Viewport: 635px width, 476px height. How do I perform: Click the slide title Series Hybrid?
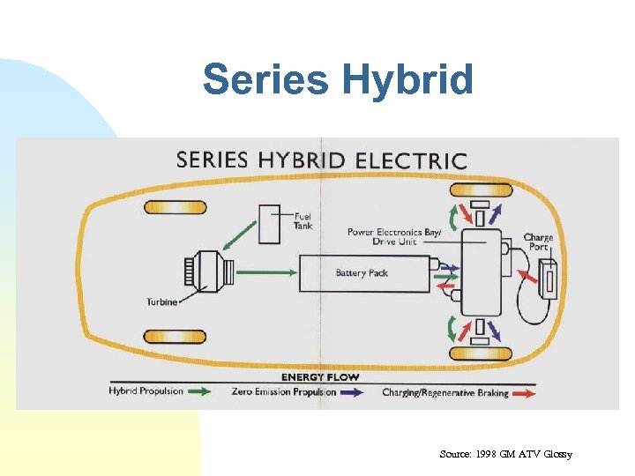(338, 80)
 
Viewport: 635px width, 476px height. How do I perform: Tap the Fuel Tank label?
(303, 220)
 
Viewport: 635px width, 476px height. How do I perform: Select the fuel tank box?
(269, 224)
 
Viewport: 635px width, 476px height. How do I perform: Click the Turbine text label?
(162, 302)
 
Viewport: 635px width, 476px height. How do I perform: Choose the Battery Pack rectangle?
(363, 273)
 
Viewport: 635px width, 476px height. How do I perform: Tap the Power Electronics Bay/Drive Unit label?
(392, 236)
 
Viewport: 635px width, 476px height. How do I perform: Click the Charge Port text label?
(538, 242)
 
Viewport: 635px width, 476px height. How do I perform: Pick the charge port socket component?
(549, 281)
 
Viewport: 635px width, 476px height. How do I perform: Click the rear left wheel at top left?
(176, 207)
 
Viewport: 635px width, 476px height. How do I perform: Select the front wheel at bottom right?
(481, 354)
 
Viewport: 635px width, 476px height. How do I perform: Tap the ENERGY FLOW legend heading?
(319, 377)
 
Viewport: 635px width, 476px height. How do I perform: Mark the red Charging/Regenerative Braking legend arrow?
(524, 393)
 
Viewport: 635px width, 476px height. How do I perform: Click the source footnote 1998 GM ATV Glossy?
(505, 454)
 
